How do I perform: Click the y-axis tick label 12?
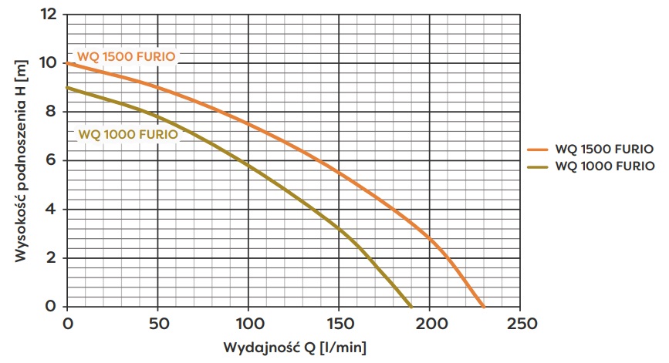coord(49,14)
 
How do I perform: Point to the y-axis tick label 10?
coord(49,62)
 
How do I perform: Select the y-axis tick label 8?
coord(52,111)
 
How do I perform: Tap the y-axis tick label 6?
coord(52,160)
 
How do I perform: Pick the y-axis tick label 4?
coord(52,209)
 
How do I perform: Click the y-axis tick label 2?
coord(52,257)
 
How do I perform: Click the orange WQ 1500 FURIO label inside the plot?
coord(127,56)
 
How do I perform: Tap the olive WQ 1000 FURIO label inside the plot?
coord(128,134)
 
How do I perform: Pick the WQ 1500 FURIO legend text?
coord(604,150)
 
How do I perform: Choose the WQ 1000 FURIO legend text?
coord(604,166)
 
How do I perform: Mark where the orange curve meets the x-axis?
coord(485,306)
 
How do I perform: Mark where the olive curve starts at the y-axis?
coord(68,88)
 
